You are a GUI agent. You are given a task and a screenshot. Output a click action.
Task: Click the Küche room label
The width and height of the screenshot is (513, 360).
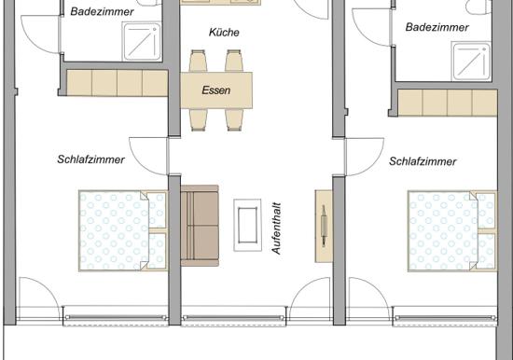224,32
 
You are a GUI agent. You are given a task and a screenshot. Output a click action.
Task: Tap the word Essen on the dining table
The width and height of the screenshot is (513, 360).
216,90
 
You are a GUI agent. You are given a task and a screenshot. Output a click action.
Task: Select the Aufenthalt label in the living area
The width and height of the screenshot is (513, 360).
276,228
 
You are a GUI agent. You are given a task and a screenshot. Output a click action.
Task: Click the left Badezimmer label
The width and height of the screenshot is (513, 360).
102,12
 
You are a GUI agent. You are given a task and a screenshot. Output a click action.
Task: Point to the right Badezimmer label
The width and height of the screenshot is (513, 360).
437,27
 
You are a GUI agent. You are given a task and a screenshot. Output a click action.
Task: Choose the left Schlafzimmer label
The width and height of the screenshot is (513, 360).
90,159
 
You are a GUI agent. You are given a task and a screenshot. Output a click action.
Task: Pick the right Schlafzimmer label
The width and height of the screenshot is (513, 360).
423,161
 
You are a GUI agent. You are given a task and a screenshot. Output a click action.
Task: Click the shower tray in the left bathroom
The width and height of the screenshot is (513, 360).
142,42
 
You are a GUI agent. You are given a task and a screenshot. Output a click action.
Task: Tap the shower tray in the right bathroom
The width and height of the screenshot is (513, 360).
471,62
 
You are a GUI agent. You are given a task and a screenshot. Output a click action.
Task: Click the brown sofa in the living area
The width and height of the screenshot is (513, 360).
200,226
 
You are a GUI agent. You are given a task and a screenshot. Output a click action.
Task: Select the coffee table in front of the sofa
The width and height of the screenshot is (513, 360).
247,225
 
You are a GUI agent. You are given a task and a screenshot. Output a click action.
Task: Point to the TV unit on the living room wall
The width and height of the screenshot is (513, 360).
324,226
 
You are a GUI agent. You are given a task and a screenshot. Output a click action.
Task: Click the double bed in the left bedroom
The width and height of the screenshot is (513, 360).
123,230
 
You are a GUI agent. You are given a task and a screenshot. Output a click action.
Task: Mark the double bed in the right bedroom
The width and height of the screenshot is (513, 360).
452,231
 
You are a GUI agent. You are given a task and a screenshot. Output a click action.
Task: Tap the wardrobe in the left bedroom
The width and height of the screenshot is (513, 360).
118,83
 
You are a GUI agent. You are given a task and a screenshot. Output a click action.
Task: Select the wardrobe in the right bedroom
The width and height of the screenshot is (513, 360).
448,103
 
